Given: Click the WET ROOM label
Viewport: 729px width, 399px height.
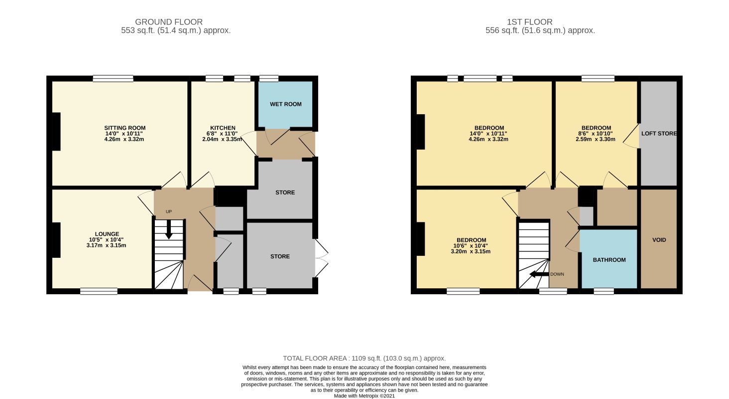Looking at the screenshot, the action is tap(285, 104).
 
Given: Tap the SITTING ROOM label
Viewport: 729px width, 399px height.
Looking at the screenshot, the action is tap(124, 128).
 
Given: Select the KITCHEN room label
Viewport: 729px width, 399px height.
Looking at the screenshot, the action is tap(223, 128).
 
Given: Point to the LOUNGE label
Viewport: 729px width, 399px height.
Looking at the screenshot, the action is tap(107, 234).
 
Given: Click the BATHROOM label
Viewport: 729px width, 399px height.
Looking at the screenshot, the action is tap(609, 260).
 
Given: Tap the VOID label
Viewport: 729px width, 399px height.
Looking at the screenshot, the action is tap(659, 240).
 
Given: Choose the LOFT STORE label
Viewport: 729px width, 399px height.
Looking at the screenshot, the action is tap(659, 134).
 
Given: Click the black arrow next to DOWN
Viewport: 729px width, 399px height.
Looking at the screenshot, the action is tap(539, 274).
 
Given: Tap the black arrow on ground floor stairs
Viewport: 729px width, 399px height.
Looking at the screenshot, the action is tap(169, 229).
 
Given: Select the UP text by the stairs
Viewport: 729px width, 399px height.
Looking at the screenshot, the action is tap(169, 211).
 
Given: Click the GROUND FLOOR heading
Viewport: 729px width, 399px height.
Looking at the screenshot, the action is tap(169, 22).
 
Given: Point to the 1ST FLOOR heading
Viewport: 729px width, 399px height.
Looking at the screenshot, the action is tap(529, 22).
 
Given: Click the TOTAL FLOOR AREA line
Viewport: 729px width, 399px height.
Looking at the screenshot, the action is tap(364, 358).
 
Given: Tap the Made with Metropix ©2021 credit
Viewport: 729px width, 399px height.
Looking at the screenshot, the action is tap(364, 396).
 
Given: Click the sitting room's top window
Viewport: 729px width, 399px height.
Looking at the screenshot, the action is tap(113, 79).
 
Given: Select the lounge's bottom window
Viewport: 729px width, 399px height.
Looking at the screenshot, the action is tap(99, 291).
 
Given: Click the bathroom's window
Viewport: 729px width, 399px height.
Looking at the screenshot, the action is tap(604, 291).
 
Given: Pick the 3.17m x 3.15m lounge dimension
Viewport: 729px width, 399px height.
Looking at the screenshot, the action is tap(106, 245).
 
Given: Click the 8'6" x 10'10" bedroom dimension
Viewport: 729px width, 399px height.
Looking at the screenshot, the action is tap(595, 134).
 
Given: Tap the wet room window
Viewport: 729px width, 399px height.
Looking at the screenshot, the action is tap(269, 79).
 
